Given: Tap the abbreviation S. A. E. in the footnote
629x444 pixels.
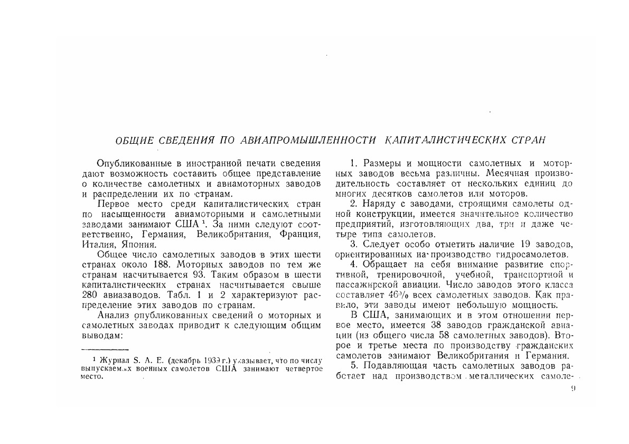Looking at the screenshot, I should click(x=148, y=359).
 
